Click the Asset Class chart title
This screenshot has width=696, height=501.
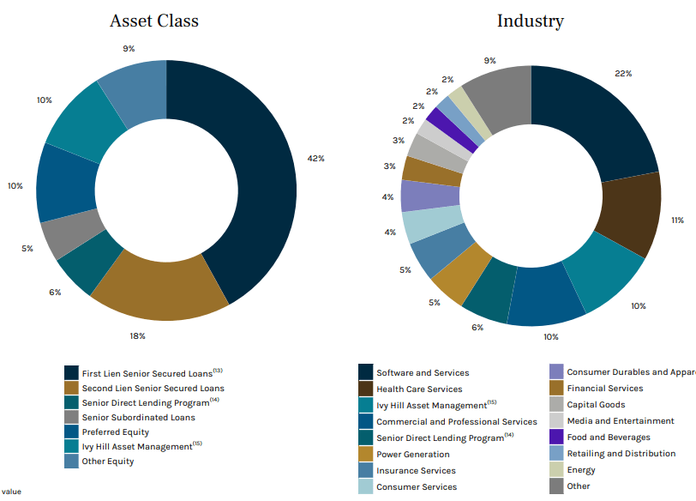pos(154,21)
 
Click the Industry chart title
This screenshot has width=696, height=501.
pos(531,21)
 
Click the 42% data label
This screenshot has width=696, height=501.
pos(315,159)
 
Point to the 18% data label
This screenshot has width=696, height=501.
pos(137,336)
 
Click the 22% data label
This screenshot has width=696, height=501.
pos(623,74)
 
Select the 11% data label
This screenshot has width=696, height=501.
pos(677,220)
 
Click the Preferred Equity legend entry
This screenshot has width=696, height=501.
pos(115,432)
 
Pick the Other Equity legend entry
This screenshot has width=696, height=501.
pos(107,462)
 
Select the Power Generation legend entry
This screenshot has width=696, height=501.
pos(412,455)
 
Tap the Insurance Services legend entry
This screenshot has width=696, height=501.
pos(416,471)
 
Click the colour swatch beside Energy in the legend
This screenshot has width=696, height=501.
pos(556,470)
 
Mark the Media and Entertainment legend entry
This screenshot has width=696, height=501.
pos(620,421)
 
